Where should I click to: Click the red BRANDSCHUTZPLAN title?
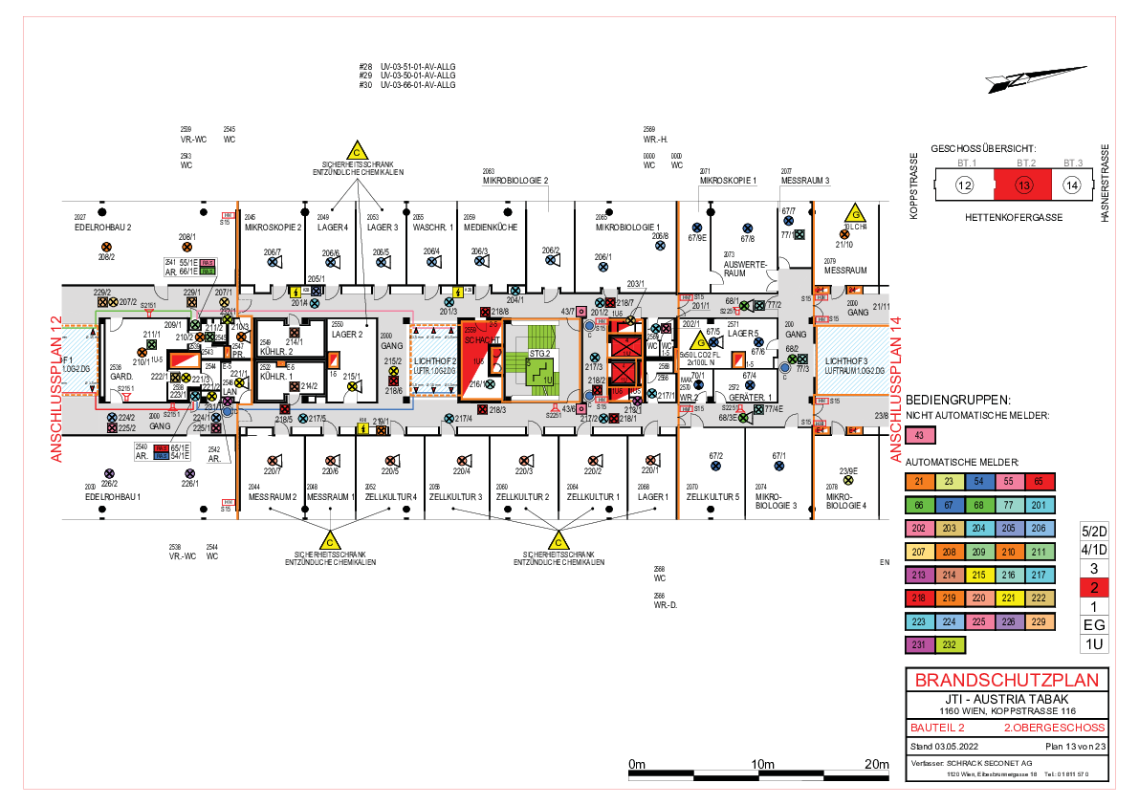coord(1006,681)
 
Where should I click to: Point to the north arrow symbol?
coord(1037,77)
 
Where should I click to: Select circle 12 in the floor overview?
coord(965,185)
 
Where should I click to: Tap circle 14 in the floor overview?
coord(1072,185)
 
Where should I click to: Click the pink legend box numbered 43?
coord(919,435)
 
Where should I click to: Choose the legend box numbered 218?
coord(919,598)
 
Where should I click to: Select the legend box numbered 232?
coord(950,645)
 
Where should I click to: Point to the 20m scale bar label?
coord(877,764)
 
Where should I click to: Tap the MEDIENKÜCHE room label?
coord(491,228)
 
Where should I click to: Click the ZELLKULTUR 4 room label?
coord(393,497)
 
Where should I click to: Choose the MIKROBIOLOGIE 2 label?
coord(515,180)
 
